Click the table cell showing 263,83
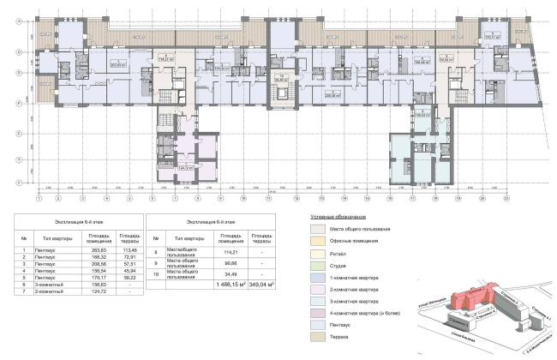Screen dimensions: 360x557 click(x=99, y=250)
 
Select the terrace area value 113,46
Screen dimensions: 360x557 click(x=129, y=250)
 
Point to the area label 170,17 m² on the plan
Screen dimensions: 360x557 click(x=492, y=38)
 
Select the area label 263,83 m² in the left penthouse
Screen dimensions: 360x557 click(x=118, y=63)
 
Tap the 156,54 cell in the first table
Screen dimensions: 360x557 click(x=99, y=271)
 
